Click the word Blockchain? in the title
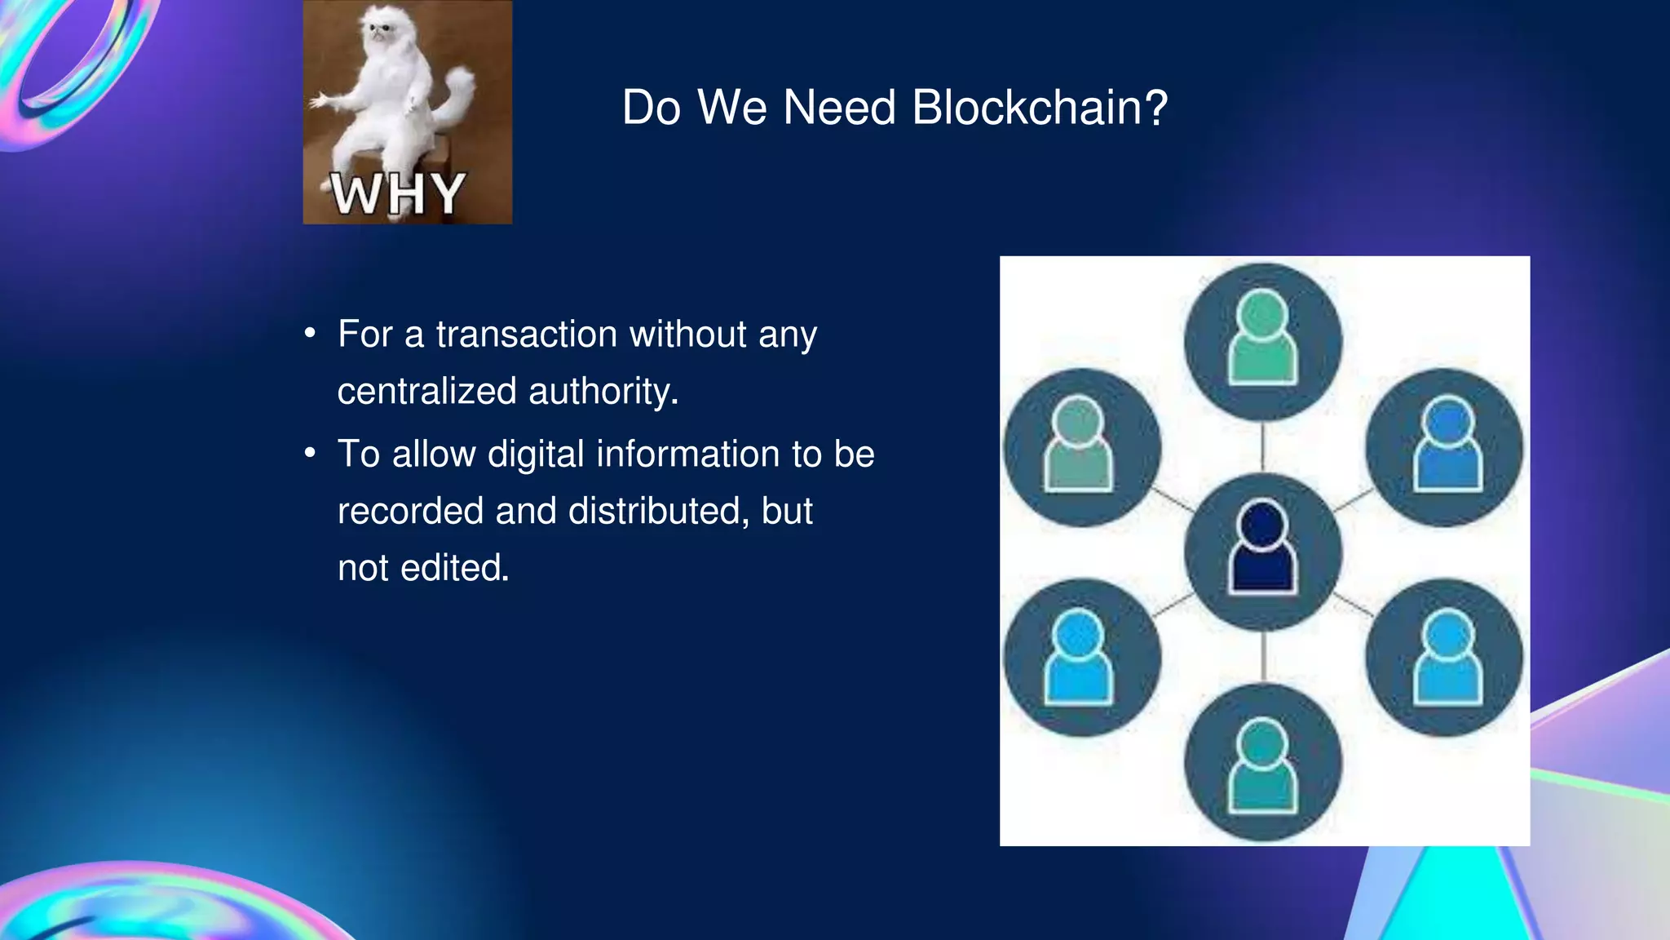pos(1040,108)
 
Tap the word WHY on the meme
pos(398,194)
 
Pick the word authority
pos(603,392)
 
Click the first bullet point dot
pos(310,334)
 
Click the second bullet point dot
pos(310,454)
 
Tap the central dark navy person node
pos(1262,551)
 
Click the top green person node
pos(1262,341)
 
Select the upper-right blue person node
pos(1444,447)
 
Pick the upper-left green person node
pos(1081,447)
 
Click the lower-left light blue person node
pos(1081,658)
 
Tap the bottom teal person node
pos(1262,762)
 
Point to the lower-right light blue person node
pos(1444,658)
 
